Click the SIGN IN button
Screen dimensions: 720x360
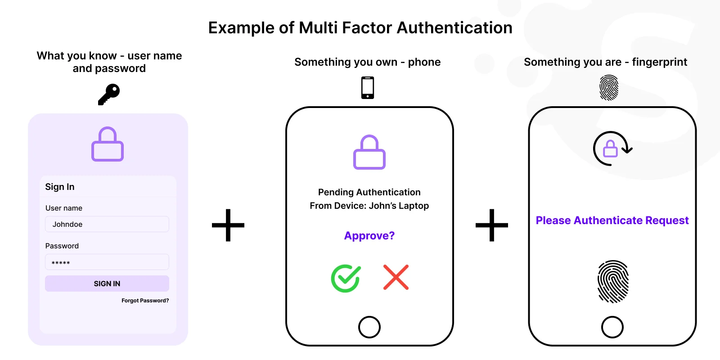coord(107,283)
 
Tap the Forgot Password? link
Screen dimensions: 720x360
coord(145,301)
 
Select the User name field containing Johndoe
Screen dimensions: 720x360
coord(107,224)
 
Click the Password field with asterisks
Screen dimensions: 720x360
coord(107,262)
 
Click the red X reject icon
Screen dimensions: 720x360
coord(396,277)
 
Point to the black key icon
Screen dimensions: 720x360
coord(109,94)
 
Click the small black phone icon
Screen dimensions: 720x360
coord(368,88)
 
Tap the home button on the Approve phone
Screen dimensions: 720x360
coord(369,327)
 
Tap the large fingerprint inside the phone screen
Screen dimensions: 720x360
coord(613,282)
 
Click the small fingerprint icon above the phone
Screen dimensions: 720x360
coord(609,88)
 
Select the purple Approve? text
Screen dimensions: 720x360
coord(369,236)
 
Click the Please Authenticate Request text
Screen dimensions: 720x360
coord(612,220)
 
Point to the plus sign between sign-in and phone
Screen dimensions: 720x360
coord(228,225)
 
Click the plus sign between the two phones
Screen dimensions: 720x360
coord(492,225)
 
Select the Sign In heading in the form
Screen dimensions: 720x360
coord(60,187)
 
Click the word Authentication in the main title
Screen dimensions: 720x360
coord(454,27)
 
